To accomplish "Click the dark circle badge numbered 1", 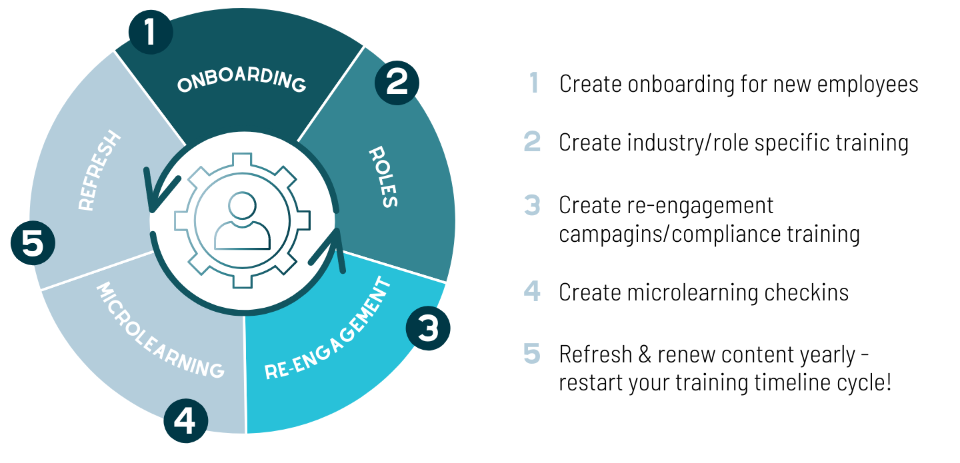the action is pyautogui.click(x=151, y=32).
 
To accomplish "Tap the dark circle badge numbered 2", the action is pyautogui.click(x=397, y=83).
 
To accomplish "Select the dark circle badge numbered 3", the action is pyautogui.click(x=428, y=328).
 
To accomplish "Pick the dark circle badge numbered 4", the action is pyautogui.click(x=185, y=420).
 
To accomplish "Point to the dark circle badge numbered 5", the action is pyautogui.click(x=33, y=243).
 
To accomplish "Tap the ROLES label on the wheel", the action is pyautogui.click(x=383, y=177).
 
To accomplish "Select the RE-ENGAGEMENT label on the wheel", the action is pyautogui.click(x=328, y=328).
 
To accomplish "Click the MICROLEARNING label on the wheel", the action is pyautogui.click(x=159, y=330).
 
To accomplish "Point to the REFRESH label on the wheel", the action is pyautogui.click(x=99, y=170).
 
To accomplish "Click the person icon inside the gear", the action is pyautogui.click(x=242, y=221).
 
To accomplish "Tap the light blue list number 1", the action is pyautogui.click(x=534, y=83).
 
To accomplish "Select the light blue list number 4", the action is pyautogui.click(x=532, y=291).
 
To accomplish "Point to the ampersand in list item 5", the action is pyautogui.click(x=645, y=355).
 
